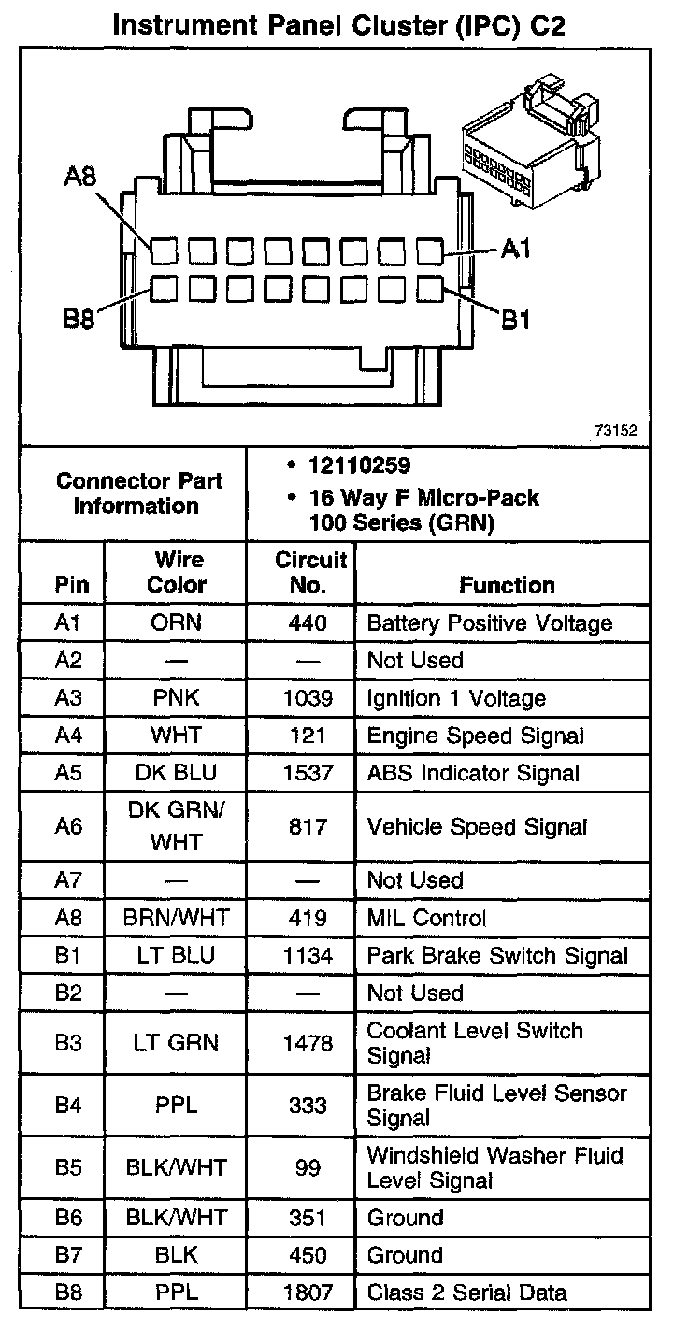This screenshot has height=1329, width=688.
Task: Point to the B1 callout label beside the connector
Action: point(516,320)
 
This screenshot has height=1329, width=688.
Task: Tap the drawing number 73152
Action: point(614,431)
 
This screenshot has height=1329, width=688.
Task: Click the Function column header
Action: point(507,585)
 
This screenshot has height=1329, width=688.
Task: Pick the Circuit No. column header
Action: point(310,572)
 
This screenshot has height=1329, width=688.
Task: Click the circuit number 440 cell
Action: point(309,622)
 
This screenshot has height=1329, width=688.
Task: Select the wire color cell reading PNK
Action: point(176,698)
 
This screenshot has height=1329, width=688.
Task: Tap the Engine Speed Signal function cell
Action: point(475,736)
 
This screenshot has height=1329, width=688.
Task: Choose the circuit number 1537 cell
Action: point(309,773)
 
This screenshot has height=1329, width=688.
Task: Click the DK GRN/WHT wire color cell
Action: point(176,826)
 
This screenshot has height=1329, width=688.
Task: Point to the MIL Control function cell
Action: point(426,918)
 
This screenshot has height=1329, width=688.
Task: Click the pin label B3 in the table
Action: point(68,1043)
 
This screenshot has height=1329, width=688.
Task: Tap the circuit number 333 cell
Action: point(309,1106)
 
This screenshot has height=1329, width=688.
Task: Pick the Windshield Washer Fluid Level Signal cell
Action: point(494,1167)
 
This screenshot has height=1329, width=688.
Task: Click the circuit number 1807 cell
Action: point(309,1293)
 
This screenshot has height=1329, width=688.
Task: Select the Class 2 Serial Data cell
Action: point(466,1293)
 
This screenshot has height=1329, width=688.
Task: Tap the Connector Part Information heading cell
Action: point(138,493)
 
